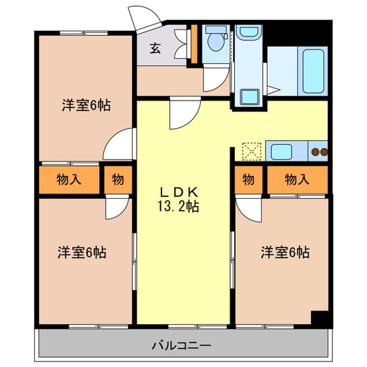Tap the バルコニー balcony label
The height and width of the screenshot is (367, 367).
coord(181,345)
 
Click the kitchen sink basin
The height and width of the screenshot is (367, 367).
coord(281,151)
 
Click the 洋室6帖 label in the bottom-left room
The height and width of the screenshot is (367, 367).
coord(82,252)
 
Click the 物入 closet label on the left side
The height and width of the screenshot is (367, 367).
coord(67,179)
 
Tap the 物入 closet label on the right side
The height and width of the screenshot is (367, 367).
coord(297,179)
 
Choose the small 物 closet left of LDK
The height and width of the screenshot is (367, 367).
coord(118,179)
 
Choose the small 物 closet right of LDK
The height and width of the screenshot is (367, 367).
coord(248,179)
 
